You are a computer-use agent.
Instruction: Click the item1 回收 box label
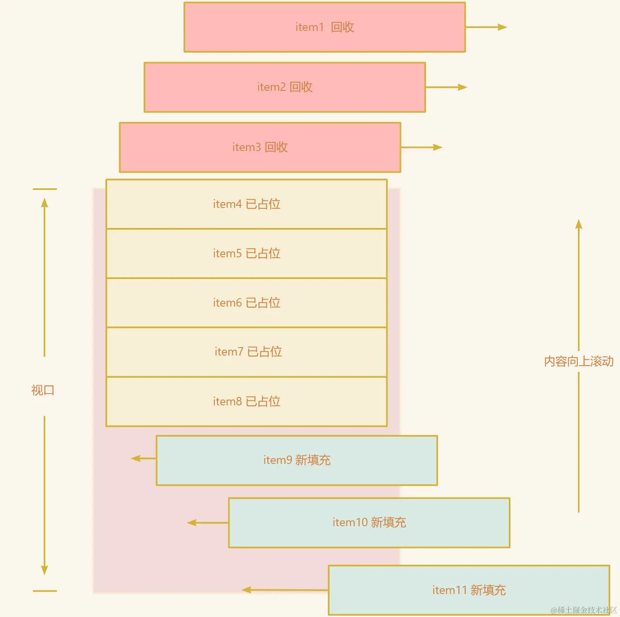coord(324,27)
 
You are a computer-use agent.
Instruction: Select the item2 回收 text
coord(285,87)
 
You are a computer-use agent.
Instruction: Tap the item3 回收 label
coord(260,147)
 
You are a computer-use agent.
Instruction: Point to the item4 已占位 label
coord(246,204)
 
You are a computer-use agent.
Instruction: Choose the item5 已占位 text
coord(246,253)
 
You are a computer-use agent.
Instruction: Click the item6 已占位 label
coord(246,303)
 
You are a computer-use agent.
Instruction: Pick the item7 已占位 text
coord(248,352)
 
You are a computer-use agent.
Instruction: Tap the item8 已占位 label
coord(246,402)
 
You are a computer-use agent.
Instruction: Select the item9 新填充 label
coord(297,460)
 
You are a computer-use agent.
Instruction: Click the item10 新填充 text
coord(369,522)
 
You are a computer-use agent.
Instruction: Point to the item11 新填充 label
coord(469,590)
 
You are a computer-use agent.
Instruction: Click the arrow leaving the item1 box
coord(486,27)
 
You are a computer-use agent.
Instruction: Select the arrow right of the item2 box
coord(446,87)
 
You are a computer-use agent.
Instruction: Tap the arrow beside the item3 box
coord(421,147)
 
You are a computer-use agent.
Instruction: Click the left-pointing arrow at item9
coord(143,458)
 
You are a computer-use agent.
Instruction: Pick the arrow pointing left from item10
coord(208,522)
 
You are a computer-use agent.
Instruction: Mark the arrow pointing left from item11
coord(285,590)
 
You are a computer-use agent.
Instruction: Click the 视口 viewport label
coord(43,390)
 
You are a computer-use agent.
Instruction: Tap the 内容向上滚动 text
coord(579,361)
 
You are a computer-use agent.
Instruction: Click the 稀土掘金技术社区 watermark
coord(584,610)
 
